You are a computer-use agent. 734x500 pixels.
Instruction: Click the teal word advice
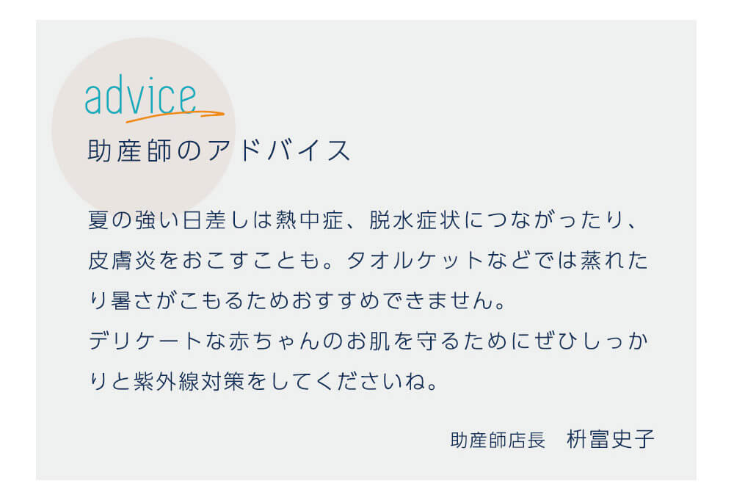[x=140, y=95]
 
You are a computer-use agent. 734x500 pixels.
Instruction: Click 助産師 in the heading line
[x=130, y=151]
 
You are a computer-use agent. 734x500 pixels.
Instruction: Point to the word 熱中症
[x=310, y=220]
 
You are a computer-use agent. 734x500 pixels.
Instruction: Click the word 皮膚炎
[x=122, y=261]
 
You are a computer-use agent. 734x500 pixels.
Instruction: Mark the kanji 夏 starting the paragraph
[x=99, y=220]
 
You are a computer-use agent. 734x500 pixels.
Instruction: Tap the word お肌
[x=368, y=341]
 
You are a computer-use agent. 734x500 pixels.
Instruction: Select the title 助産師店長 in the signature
[x=498, y=440]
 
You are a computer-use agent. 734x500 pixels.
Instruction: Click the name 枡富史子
[x=611, y=439]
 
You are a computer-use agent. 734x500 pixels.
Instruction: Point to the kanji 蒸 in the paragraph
[x=591, y=261]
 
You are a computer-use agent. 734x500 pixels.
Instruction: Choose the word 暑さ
[x=133, y=300]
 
